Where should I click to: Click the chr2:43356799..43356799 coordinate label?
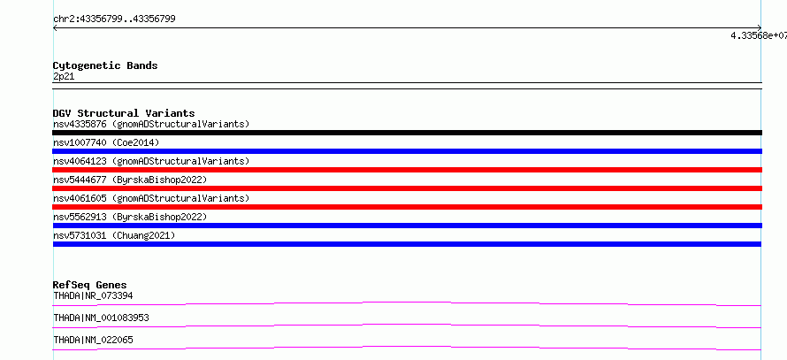(x=114, y=19)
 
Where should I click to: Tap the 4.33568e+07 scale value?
(x=759, y=35)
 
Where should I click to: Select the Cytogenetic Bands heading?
(x=105, y=65)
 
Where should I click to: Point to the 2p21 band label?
(x=64, y=77)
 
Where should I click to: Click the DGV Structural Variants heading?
(x=124, y=113)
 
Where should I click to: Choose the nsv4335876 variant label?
(x=151, y=124)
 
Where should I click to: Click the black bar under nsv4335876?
(x=407, y=133)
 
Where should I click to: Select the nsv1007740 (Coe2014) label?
(x=106, y=142)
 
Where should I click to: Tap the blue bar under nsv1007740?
(x=407, y=151)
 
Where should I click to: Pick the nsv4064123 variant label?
(x=151, y=161)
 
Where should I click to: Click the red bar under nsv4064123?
(x=407, y=170)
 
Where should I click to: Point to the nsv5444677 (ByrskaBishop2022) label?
(x=130, y=180)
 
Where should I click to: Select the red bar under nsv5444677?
(x=407, y=188)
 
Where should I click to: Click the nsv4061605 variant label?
(x=151, y=198)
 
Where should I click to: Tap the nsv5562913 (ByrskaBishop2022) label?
(x=130, y=217)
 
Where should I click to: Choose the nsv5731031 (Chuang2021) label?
(x=114, y=235)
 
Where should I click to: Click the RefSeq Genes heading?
(x=90, y=285)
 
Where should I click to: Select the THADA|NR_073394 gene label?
(x=93, y=295)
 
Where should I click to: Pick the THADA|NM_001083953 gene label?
(x=101, y=318)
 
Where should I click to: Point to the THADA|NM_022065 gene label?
(x=93, y=340)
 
